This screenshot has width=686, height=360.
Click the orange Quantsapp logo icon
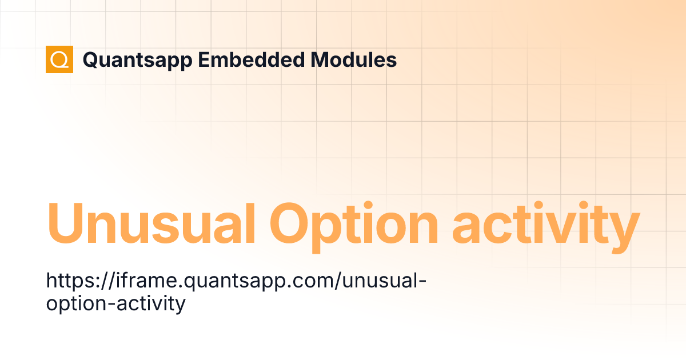59,59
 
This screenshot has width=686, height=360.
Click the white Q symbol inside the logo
59,59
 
